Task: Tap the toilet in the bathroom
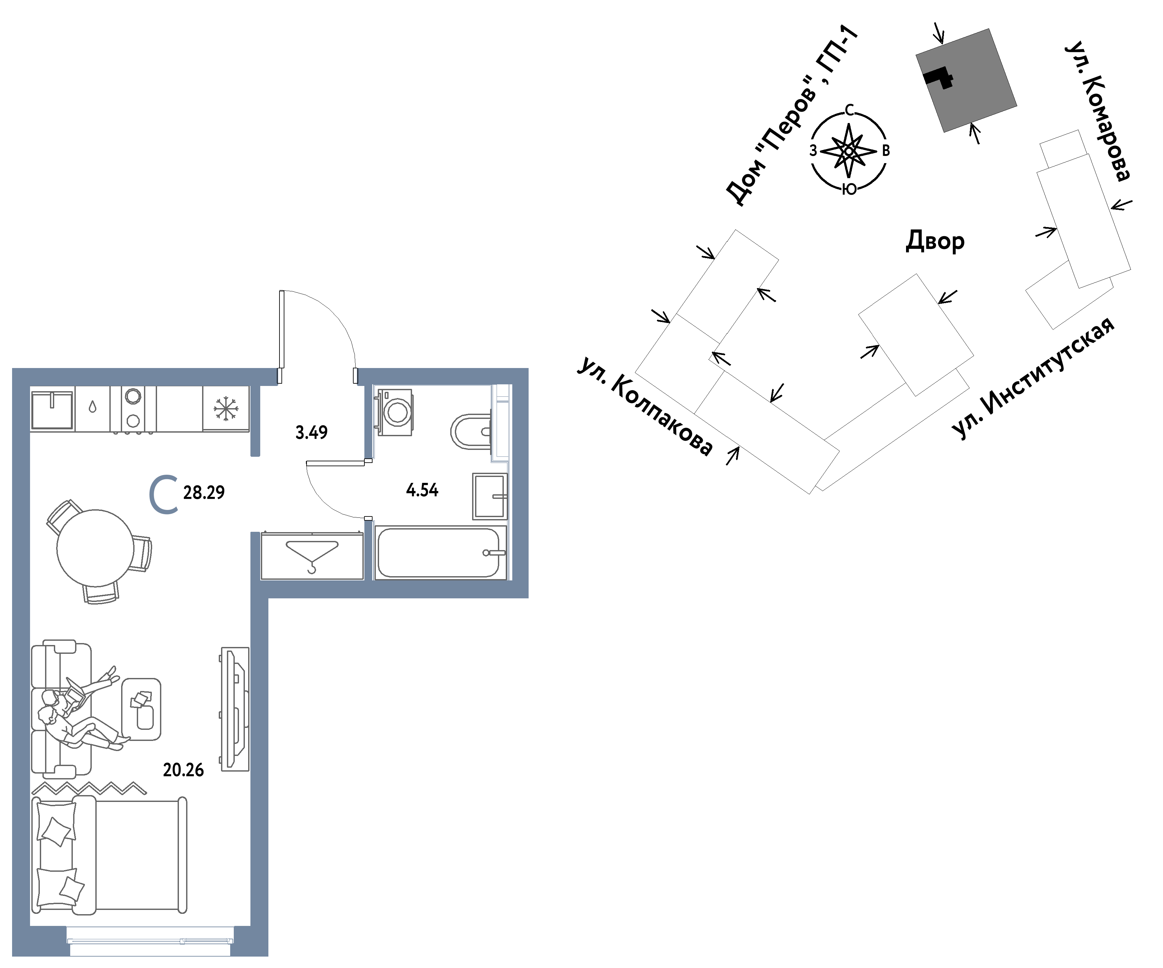471,431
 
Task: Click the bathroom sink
489,496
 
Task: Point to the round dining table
95,548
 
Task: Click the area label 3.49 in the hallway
311,432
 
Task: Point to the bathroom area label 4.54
422,490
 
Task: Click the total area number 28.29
204,492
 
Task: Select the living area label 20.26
183,770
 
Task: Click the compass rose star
849,150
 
